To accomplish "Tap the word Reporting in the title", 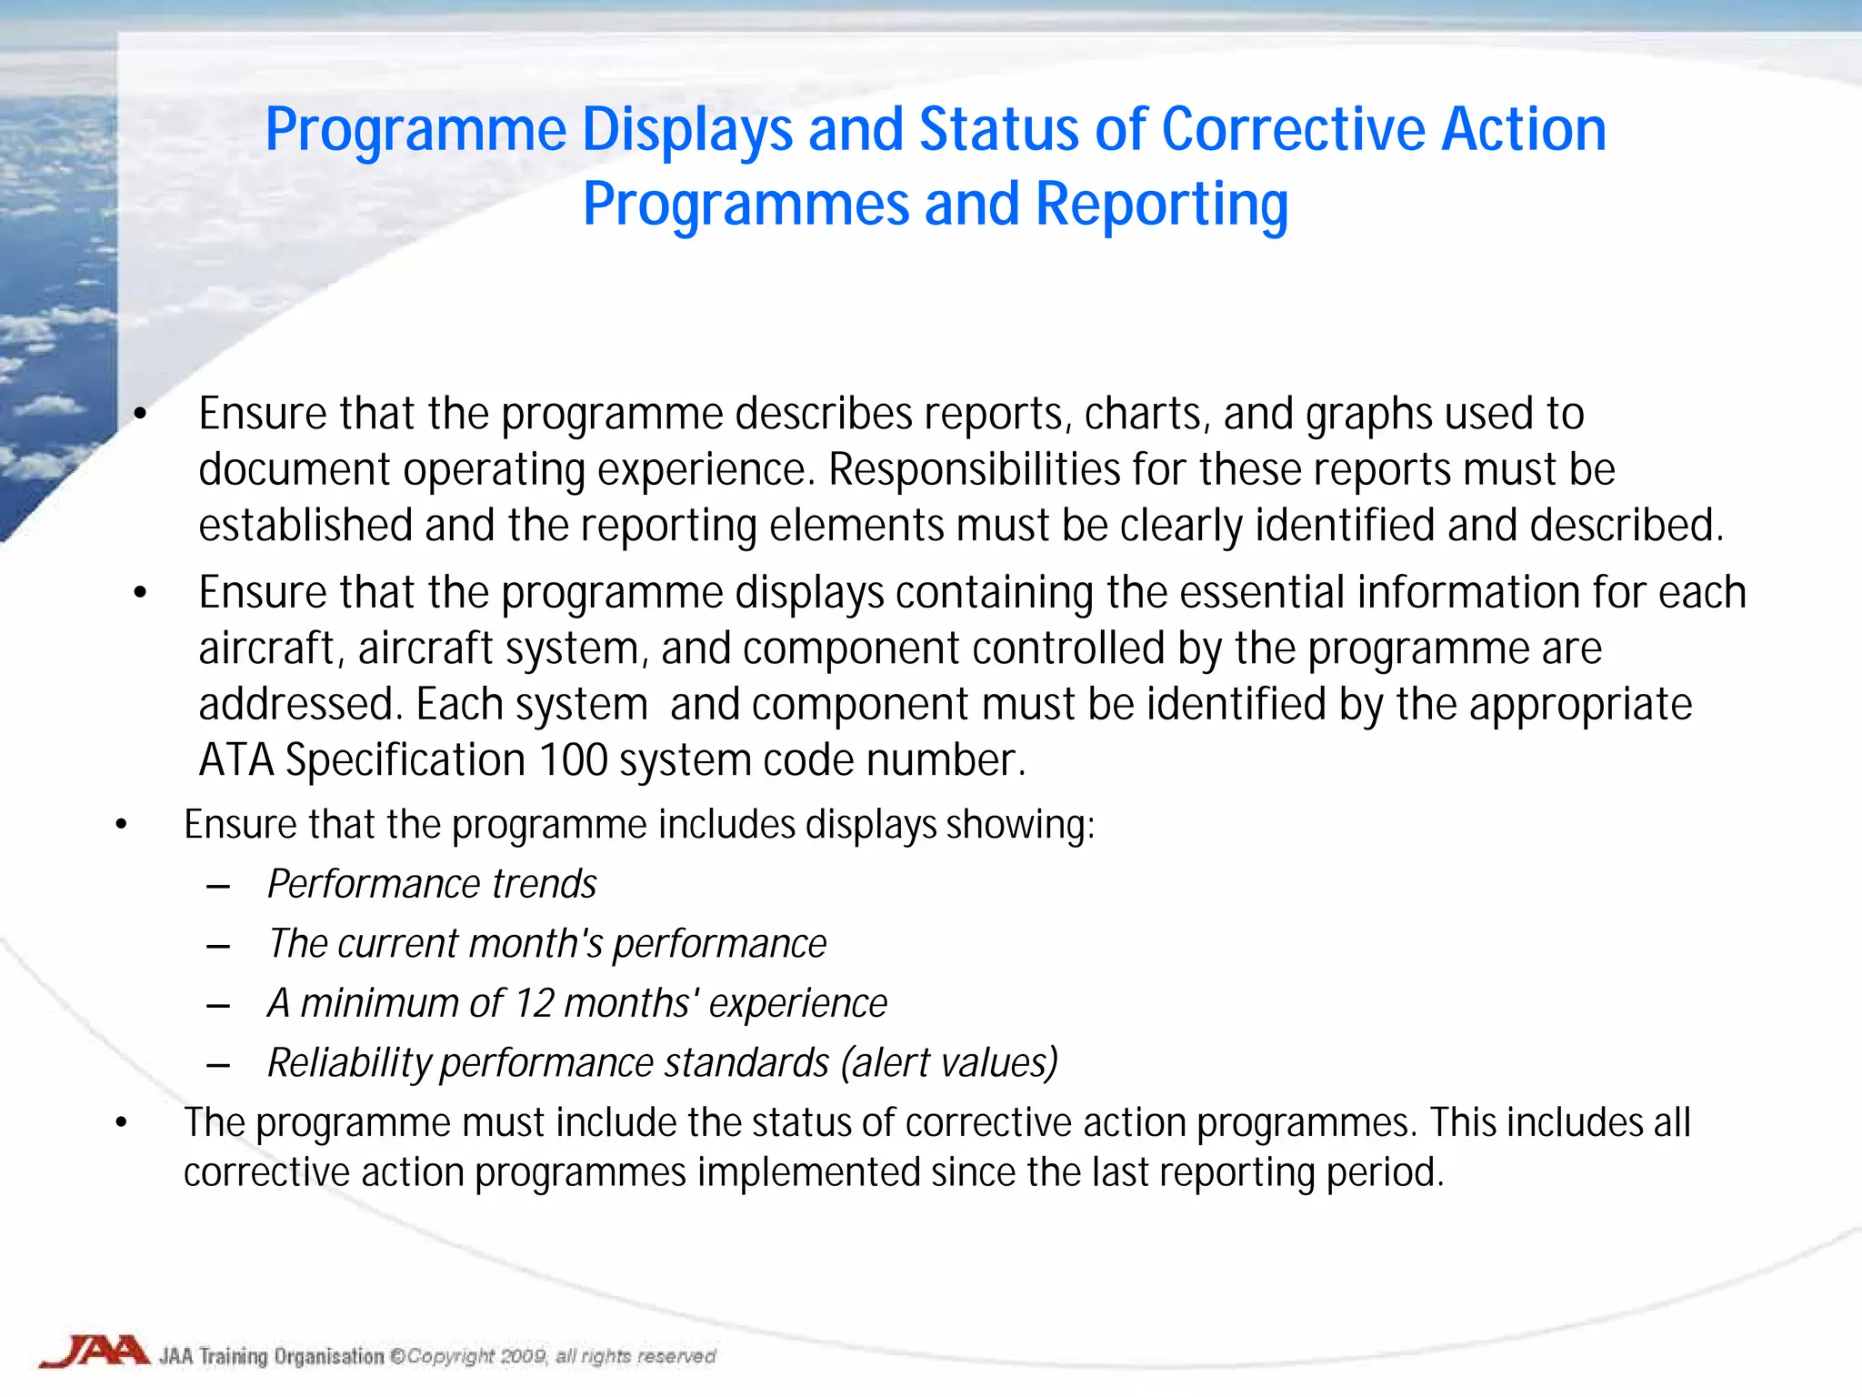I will pos(1161,204).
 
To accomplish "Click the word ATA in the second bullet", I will pos(235,760).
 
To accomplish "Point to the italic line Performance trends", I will pos(432,884).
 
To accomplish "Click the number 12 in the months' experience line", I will pos(534,1003).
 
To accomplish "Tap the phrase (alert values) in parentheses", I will pos(949,1062).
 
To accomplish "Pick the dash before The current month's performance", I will pos(218,946).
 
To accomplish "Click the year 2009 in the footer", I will pos(523,1357).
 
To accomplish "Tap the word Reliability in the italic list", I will pos(349,1062).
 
